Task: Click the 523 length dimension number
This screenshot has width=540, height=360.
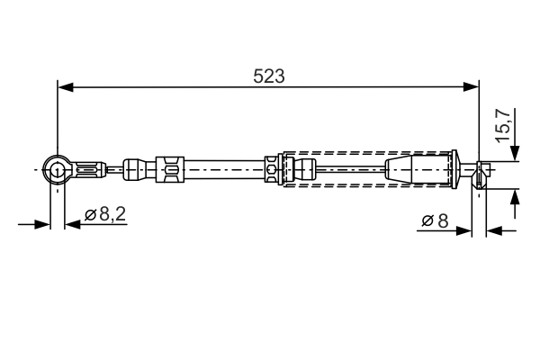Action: point(268,77)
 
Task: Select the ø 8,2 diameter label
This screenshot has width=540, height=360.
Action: point(105,215)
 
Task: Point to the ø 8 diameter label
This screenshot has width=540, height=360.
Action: point(435,220)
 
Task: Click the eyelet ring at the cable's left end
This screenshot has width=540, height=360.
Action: point(57,167)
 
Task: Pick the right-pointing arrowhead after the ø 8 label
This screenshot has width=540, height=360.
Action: point(464,231)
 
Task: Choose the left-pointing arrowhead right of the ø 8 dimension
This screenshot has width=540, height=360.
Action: point(493,231)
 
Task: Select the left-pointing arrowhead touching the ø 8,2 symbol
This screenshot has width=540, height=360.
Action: point(72,223)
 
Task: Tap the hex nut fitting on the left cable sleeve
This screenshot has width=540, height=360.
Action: point(169,167)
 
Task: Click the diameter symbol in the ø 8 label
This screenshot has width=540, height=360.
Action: point(426,220)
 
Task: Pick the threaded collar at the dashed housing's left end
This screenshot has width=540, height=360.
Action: point(273,168)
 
